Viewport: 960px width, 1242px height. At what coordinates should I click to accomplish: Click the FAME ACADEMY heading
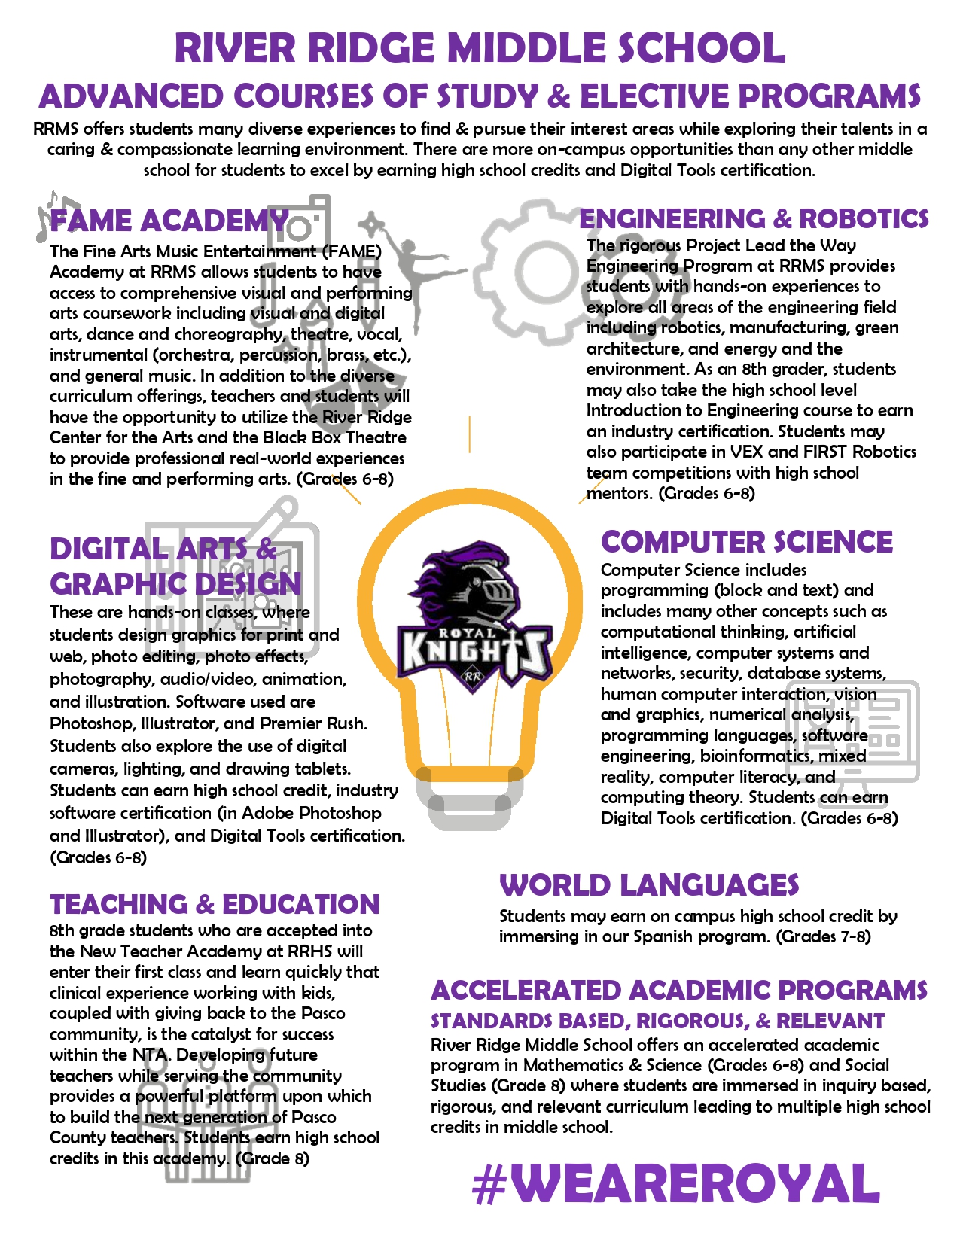click(x=169, y=221)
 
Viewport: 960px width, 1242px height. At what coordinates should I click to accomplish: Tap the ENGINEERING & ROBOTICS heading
click(x=754, y=218)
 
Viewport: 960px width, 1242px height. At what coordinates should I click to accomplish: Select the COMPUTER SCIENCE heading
click(x=746, y=542)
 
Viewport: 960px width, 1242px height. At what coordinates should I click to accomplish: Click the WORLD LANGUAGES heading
click(x=649, y=885)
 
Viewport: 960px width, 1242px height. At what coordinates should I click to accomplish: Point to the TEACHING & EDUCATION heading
click(x=215, y=904)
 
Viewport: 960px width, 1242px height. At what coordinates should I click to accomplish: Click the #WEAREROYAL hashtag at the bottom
click(x=676, y=1184)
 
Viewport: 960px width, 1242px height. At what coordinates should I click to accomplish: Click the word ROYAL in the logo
click(x=467, y=633)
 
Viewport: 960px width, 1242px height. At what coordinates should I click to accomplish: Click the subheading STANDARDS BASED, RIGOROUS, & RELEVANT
click(x=657, y=1021)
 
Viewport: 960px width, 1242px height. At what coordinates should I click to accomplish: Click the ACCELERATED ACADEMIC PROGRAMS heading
click(x=678, y=990)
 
